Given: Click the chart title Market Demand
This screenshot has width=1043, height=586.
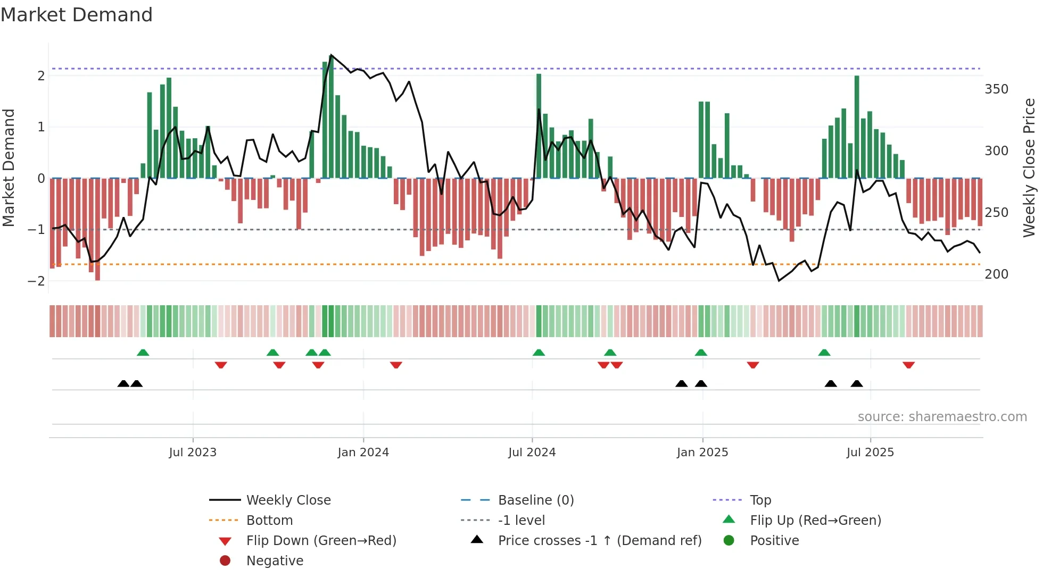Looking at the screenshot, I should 77,15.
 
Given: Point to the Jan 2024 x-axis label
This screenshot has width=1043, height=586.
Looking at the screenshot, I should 363,453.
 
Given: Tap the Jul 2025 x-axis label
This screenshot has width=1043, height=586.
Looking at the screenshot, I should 870,453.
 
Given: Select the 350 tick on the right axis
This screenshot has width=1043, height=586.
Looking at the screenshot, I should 996,89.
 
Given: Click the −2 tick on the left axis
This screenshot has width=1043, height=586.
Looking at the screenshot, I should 37,281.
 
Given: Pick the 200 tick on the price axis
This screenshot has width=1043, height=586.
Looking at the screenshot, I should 996,274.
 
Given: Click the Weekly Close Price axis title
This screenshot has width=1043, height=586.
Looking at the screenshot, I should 1029,168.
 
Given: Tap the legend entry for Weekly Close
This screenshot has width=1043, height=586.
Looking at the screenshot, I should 288,500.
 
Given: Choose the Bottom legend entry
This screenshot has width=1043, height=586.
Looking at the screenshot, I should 269,521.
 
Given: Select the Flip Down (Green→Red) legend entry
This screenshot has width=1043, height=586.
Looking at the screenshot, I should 321,541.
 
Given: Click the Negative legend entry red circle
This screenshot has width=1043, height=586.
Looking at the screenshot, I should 225,561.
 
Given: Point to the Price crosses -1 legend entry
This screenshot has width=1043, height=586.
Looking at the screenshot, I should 599,541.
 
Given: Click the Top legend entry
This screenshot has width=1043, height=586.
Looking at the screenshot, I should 760,500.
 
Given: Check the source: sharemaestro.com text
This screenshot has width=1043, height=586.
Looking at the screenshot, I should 942,417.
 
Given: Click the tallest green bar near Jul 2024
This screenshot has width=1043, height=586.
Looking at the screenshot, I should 539,125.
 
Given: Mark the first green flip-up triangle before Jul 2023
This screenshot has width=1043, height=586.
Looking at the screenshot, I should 143,353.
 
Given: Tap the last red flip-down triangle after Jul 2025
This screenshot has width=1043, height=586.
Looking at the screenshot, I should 908,365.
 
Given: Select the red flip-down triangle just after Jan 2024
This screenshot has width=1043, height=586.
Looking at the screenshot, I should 396,365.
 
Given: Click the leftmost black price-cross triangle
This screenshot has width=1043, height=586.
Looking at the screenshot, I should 123,383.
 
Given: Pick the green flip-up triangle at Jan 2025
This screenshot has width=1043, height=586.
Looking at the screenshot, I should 701,353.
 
